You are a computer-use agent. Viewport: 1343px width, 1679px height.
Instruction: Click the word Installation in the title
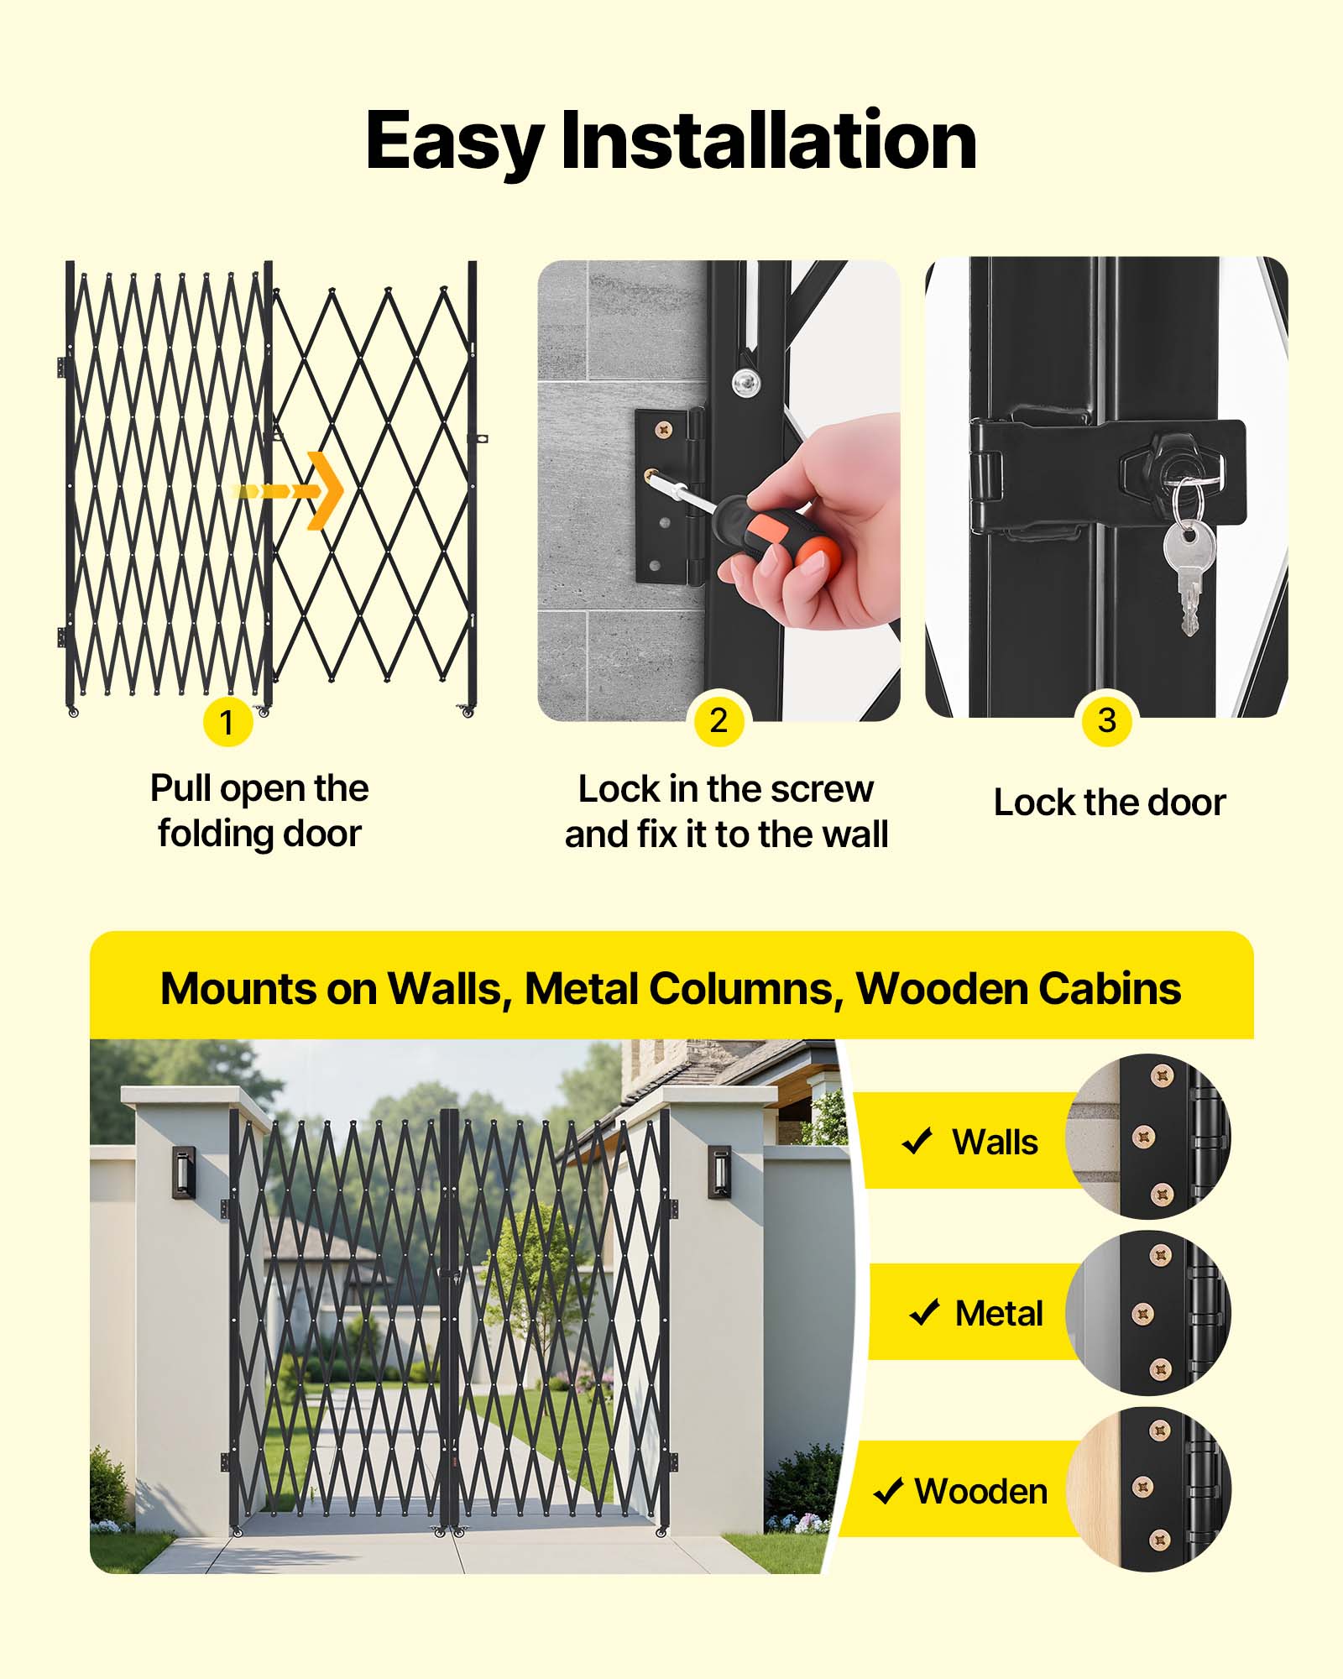pos(768,141)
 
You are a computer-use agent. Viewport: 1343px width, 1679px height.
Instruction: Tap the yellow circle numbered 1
pos(227,722)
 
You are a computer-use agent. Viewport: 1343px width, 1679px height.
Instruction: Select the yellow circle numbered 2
pos(719,720)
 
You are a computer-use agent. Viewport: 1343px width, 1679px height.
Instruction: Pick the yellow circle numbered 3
pos(1106,720)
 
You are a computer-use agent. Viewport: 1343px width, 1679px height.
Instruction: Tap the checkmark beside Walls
pos(917,1141)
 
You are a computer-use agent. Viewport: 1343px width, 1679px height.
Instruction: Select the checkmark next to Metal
pos(924,1312)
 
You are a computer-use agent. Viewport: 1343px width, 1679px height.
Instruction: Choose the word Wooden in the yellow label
pos(980,1492)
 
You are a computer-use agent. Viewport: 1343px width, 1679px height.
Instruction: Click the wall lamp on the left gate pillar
pos(183,1172)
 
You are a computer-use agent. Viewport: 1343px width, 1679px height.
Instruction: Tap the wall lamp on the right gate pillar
pos(719,1172)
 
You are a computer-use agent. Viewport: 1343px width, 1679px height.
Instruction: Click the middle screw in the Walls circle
pos(1144,1138)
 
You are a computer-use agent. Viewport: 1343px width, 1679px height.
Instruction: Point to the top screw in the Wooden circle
pos(1160,1430)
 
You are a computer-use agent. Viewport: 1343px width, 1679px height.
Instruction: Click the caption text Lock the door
pos(1109,803)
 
